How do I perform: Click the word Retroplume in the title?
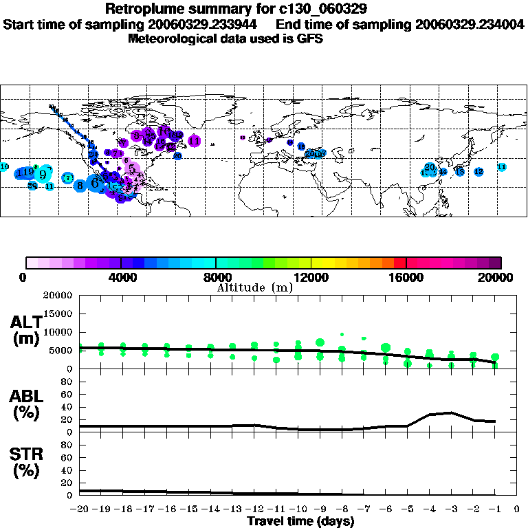(x=142, y=10)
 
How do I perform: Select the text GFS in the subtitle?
(x=309, y=38)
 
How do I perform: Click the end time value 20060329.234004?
(x=471, y=24)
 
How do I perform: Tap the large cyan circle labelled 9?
(x=43, y=174)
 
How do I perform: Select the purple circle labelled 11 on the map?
(x=195, y=141)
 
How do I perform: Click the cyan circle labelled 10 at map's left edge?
(x=4, y=167)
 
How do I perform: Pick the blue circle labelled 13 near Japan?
(x=460, y=172)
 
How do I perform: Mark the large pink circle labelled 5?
(x=131, y=168)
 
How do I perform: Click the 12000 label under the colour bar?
(x=311, y=278)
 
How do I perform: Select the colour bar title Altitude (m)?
(x=254, y=287)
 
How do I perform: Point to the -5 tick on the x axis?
(x=407, y=509)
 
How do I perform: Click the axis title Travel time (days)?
(x=300, y=521)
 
